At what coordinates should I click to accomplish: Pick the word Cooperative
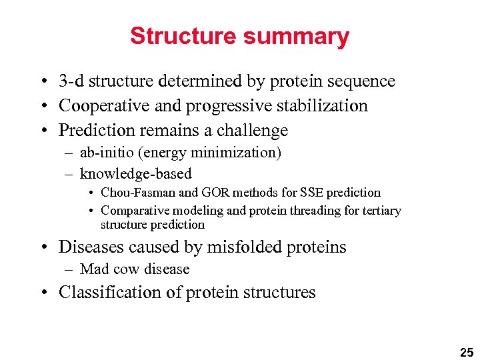[x=99, y=106]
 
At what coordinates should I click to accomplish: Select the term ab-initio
[x=102, y=153]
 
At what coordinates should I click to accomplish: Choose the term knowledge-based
[x=135, y=175]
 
